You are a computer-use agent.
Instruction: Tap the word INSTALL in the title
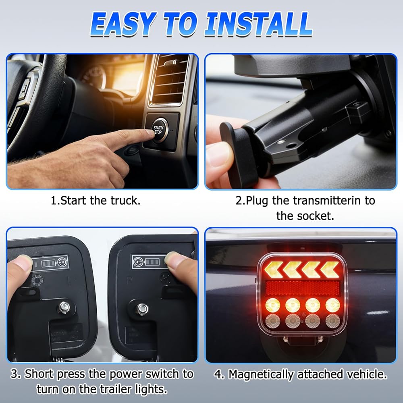click(x=258, y=24)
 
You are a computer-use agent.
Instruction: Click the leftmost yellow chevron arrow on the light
click(x=273, y=270)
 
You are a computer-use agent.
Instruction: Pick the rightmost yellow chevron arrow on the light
click(x=330, y=270)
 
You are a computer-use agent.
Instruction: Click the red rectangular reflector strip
click(x=303, y=288)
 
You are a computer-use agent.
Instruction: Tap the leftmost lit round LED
click(x=273, y=305)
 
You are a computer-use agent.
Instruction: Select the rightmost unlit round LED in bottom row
click(x=332, y=321)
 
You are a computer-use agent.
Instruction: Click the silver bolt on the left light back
click(x=63, y=307)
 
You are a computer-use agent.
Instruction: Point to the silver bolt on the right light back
click(x=142, y=308)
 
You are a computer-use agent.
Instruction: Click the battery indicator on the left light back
click(x=49, y=263)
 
